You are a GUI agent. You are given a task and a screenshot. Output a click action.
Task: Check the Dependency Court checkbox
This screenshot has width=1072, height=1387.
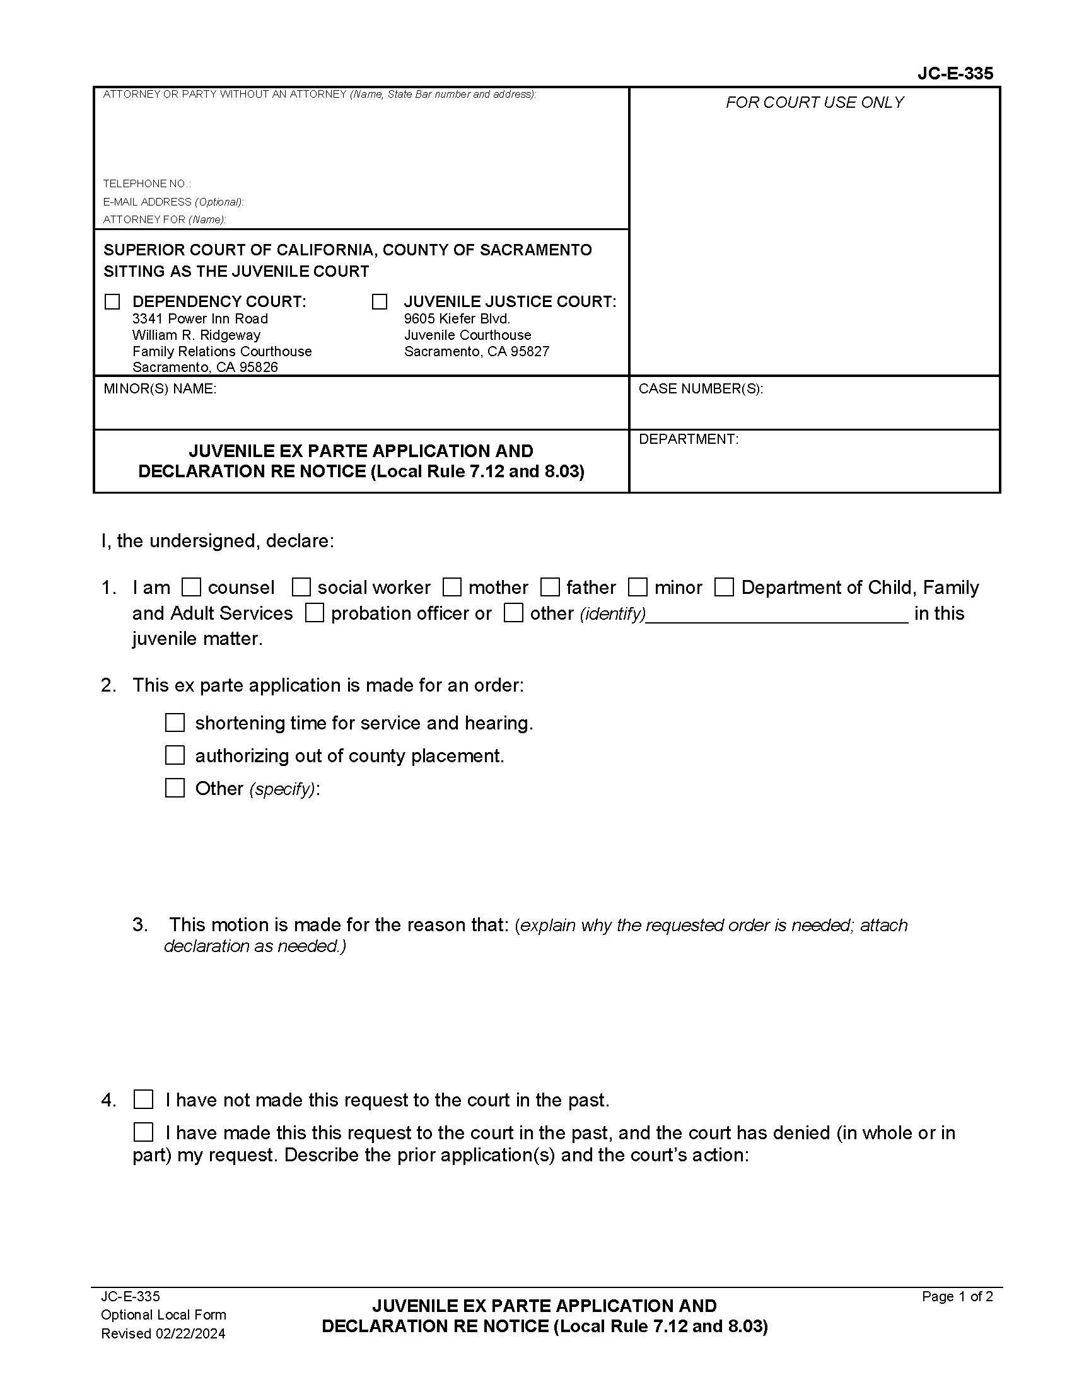point(112,301)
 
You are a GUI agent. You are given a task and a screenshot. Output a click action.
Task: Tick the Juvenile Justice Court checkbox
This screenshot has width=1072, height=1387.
point(379,301)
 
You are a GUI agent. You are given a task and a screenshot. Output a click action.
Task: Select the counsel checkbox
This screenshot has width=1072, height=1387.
point(190,587)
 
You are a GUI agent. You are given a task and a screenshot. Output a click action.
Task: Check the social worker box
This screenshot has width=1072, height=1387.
point(301,587)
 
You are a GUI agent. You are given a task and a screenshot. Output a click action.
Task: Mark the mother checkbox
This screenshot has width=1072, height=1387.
point(452,587)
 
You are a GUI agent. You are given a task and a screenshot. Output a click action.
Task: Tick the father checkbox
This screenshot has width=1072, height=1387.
point(550,587)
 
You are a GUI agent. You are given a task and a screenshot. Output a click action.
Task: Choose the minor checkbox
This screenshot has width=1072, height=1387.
point(638,587)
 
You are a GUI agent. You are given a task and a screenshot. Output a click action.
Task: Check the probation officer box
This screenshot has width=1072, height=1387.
point(315,613)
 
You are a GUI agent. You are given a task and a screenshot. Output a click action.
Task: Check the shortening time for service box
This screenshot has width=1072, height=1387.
point(175,723)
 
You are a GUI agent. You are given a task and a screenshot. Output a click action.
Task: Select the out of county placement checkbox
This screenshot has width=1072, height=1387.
point(175,755)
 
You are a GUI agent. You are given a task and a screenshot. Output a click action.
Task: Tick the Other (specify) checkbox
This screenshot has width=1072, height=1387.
point(175,788)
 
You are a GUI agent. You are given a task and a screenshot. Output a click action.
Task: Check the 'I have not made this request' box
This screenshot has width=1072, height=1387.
point(144,1100)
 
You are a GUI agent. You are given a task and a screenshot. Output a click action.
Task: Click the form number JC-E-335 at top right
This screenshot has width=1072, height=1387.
point(955,74)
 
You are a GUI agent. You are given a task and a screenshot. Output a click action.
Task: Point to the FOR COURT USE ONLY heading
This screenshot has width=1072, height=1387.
point(814,102)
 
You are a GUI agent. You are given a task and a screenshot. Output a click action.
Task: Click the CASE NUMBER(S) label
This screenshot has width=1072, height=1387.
point(701,388)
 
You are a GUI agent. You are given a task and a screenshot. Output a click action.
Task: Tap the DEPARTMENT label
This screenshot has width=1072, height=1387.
point(689,439)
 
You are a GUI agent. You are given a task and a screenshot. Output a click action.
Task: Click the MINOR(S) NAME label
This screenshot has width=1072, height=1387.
point(160,388)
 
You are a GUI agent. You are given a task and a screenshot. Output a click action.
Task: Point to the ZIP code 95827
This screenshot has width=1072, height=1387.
point(530,351)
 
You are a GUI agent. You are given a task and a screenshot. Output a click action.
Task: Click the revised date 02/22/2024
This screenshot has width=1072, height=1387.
point(190,1333)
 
